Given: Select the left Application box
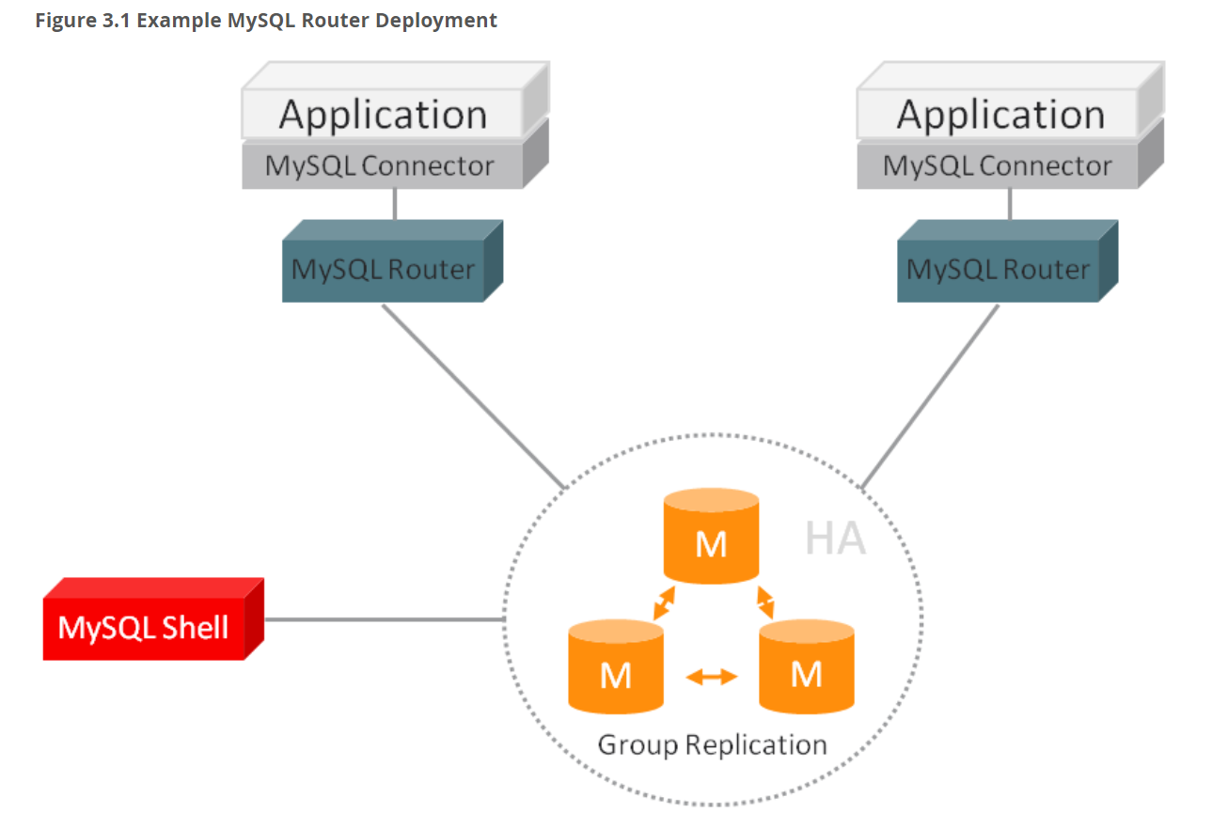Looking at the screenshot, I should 383,115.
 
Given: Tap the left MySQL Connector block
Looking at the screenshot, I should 380,166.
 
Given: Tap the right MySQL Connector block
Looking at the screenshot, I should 997,166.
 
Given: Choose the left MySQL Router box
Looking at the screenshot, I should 383,270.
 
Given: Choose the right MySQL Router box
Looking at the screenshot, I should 998,270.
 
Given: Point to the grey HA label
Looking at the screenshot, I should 835,539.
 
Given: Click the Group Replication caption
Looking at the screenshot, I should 712,745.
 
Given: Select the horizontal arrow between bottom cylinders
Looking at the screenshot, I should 711,676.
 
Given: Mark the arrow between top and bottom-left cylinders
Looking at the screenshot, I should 664,602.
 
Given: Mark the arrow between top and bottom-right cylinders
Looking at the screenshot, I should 765,602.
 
